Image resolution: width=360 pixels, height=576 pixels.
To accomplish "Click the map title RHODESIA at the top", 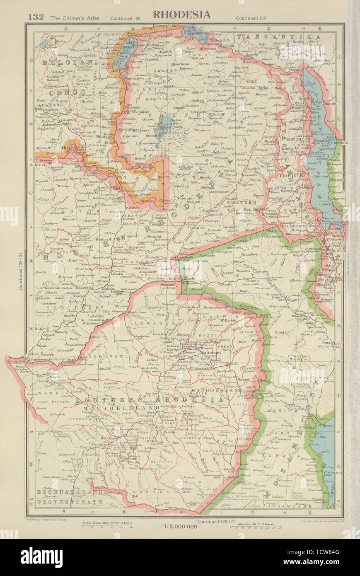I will click(181, 15).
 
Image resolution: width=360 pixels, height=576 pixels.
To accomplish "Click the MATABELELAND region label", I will click(109, 409).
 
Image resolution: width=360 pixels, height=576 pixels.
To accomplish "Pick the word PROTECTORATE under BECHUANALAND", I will click(69, 502).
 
